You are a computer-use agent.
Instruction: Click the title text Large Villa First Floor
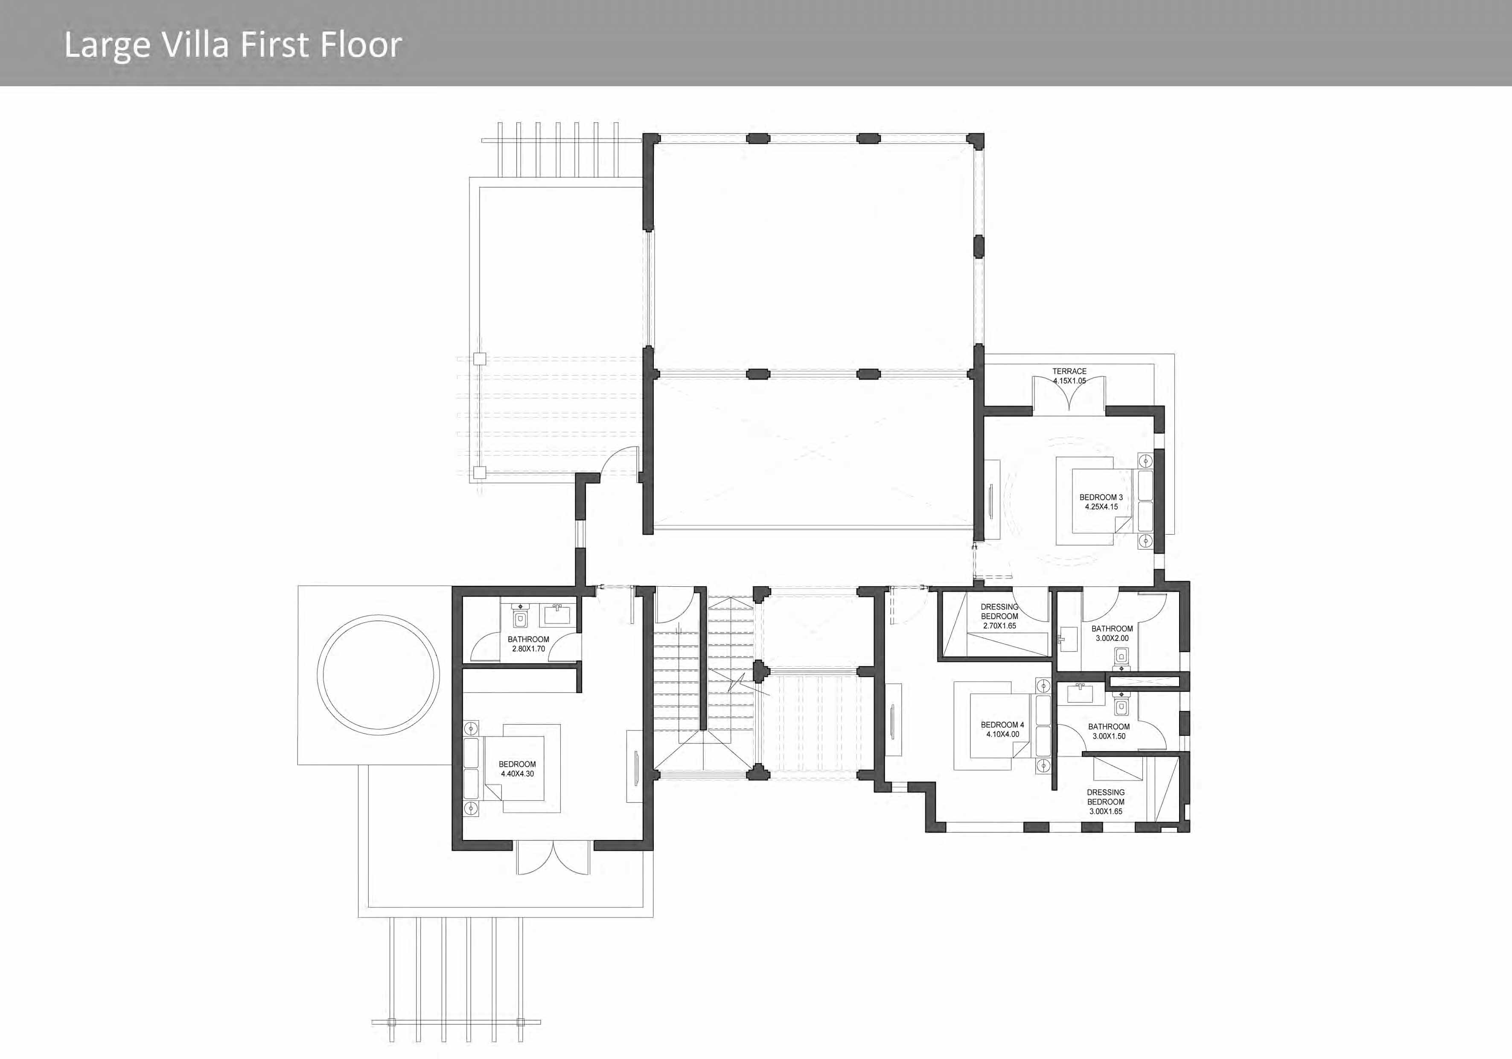coord(233,45)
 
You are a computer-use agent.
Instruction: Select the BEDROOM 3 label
coord(1101,497)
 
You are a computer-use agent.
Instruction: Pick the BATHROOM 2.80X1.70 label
coord(528,644)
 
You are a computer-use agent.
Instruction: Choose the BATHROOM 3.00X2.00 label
coord(1112,633)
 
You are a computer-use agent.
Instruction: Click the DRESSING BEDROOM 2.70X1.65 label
coord(999,616)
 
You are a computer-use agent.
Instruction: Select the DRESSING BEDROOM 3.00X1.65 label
coord(1106,802)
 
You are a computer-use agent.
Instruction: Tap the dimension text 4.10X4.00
coord(1002,734)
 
